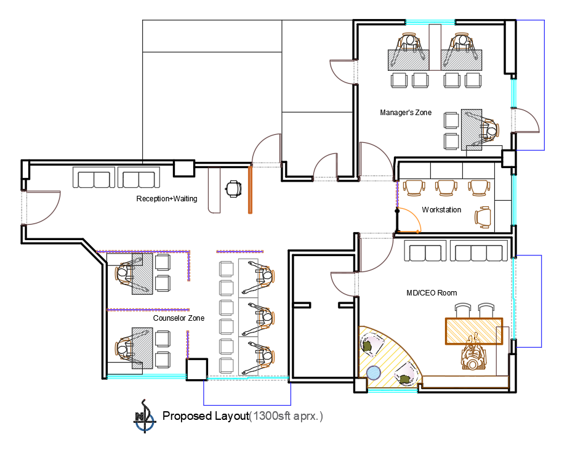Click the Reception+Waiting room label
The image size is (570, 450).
167,199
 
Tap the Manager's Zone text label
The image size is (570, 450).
406,113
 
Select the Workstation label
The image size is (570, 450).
441,210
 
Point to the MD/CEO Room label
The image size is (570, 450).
432,293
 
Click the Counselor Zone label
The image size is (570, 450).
179,318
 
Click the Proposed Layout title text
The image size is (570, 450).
206,416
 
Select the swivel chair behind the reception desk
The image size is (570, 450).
233,189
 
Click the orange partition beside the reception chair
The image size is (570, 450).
250,190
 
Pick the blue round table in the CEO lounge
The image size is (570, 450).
374,372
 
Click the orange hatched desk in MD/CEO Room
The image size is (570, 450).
474,331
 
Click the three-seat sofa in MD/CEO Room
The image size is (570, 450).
479,251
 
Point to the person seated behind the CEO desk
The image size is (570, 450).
473,352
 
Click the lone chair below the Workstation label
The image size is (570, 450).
483,217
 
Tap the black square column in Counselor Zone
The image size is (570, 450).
197,369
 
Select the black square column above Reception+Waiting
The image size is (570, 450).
184,168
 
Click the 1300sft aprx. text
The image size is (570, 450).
286,416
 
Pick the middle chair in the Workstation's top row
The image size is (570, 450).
446,188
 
